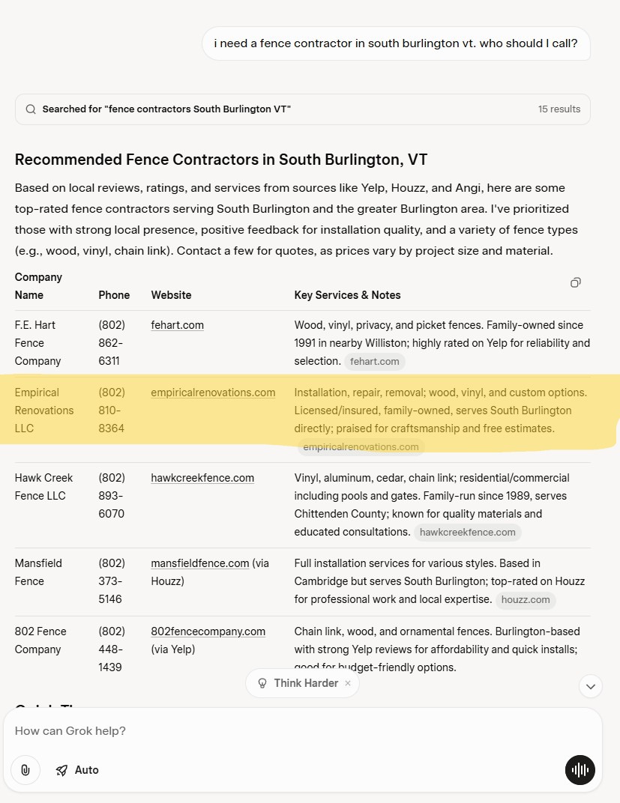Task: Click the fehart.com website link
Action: pyautogui.click(x=177, y=325)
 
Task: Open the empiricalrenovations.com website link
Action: pyautogui.click(x=213, y=393)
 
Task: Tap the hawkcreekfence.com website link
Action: pyautogui.click(x=202, y=478)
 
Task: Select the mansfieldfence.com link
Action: pyautogui.click(x=199, y=563)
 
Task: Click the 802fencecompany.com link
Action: pyautogui.click(x=208, y=631)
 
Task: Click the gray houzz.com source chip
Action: pyautogui.click(x=526, y=599)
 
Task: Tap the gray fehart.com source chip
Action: pyautogui.click(x=375, y=361)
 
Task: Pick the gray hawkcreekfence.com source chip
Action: pyautogui.click(x=467, y=532)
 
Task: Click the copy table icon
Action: pyautogui.click(x=575, y=282)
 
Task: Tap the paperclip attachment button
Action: pyautogui.click(x=25, y=770)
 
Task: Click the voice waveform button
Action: pyautogui.click(x=580, y=770)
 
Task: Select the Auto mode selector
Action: pyautogui.click(x=77, y=770)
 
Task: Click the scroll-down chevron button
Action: pyautogui.click(x=590, y=685)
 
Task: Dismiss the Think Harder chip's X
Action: pyautogui.click(x=347, y=683)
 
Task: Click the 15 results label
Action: pyautogui.click(x=559, y=109)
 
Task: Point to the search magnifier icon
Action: pyautogui.click(x=31, y=109)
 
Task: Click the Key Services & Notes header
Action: pyautogui.click(x=347, y=295)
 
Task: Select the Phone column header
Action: pyautogui.click(x=114, y=295)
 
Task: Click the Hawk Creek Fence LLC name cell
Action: pyautogui.click(x=43, y=487)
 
